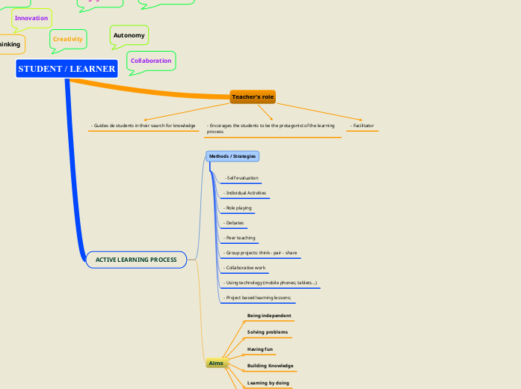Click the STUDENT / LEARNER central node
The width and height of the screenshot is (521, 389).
pos(67,69)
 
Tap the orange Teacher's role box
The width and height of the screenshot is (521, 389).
pos(253,97)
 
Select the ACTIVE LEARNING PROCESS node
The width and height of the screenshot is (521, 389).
pos(136,260)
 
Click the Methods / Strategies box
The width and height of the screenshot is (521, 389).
pos(232,156)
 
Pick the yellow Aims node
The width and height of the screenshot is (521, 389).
pos(215,363)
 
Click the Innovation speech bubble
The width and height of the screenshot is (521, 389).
pos(31,17)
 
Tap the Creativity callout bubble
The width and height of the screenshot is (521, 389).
pos(68,38)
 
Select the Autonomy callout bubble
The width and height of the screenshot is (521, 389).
pos(129,35)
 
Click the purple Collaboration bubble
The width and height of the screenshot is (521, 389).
pos(151,61)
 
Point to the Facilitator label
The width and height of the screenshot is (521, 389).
pos(362,126)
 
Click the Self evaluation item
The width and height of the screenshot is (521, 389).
pos(241,178)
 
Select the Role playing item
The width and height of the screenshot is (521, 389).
pos(238,208)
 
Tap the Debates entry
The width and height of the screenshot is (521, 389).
pos(234,223)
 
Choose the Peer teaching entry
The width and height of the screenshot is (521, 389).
pos(240,238)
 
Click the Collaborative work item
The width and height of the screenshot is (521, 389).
pos(245,268)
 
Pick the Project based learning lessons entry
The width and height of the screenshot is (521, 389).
pos(258,298)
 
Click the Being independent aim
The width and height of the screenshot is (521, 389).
pos(269,316)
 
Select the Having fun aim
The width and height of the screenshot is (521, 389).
pos(260,349)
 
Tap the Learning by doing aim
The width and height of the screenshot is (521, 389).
pos(268,382)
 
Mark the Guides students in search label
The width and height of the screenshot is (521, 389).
pos(143,126)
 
